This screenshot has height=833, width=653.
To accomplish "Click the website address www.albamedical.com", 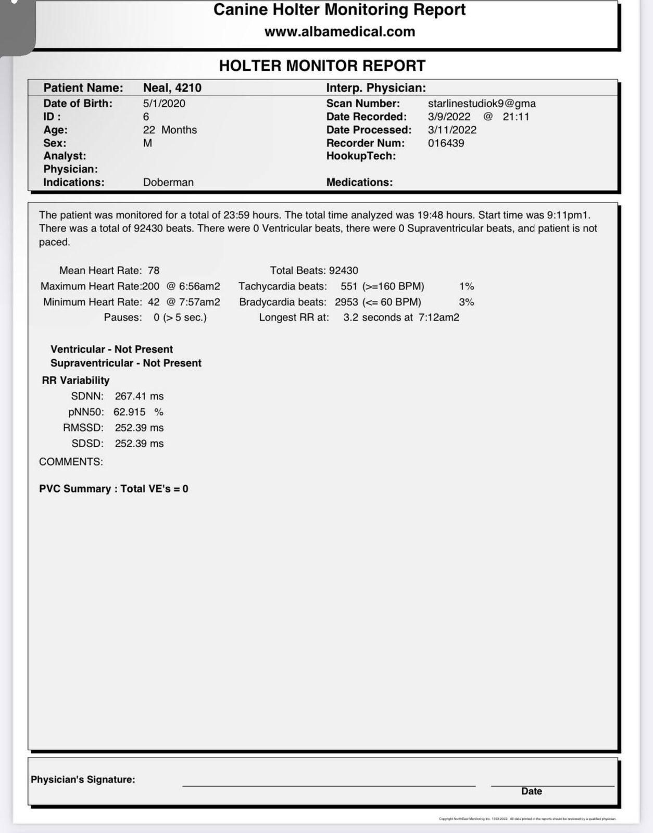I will point(340,32).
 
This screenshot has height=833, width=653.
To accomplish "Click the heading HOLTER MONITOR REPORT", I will point(322,66).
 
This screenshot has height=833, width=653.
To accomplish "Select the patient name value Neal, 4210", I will point(172,87).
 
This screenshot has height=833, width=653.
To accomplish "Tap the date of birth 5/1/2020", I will point(164,103).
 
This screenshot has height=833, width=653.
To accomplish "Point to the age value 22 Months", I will point(170,130).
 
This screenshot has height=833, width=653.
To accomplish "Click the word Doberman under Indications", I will point(168,182).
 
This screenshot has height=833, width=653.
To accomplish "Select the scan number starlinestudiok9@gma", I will point(481,103).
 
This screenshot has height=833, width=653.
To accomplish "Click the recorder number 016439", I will point(446,143).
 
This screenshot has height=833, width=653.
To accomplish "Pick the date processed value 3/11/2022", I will point(452,130).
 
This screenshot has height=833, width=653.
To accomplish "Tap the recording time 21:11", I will point(516,117).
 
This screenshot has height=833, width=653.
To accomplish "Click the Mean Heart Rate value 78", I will point(154,270).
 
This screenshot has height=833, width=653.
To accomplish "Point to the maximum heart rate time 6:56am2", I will point(199,286).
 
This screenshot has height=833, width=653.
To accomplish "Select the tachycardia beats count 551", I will point(349,286).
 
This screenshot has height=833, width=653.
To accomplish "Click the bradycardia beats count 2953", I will point(346,302).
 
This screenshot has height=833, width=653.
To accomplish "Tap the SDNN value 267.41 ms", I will point(139,396).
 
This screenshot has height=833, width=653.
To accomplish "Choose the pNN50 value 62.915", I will point(130,412).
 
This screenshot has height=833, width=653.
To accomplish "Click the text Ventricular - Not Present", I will point(111,349).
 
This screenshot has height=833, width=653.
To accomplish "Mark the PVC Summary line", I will point(114,489).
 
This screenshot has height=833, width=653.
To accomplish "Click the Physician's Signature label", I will point(83,779).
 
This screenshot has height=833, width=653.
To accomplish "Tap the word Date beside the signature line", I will point(531,791).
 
